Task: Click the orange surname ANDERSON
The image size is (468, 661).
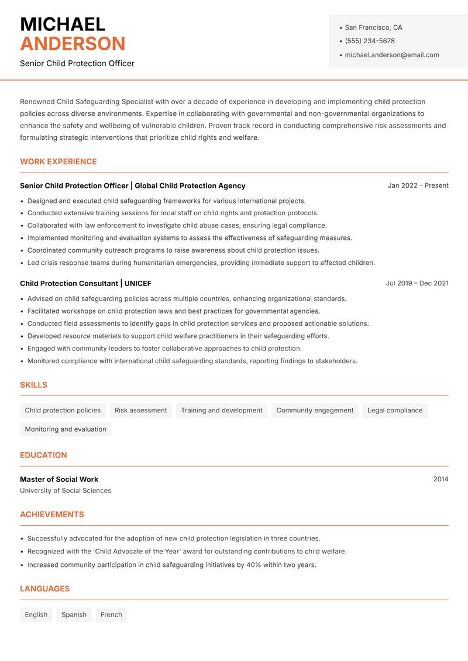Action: click(73, 44)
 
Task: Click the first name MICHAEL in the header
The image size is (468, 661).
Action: click(63, 24)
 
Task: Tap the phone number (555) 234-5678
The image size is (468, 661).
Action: click(370, 41)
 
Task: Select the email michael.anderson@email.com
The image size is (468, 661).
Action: click(391, 55)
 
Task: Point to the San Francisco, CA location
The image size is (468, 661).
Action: click(373, 27)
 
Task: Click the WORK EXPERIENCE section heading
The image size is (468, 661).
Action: click(58, 161)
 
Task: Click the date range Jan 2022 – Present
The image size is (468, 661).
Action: click(418, 185)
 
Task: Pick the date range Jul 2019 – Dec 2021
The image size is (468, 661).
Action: click(417, 283)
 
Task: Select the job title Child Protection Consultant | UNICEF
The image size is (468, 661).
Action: click(85, 283)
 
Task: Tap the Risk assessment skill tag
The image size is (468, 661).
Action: click(140, 411)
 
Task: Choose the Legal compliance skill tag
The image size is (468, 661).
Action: click(395, 411)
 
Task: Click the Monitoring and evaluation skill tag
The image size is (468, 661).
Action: click(66, 429)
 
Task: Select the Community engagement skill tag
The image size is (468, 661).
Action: click(315, 411)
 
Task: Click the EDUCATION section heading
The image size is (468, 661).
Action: click(43, 455)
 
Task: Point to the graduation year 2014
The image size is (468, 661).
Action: click(441, 479)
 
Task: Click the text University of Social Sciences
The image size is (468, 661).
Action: click(66, 491)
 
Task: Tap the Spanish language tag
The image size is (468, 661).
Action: click(74, 615)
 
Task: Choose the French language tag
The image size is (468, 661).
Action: click(111, 615)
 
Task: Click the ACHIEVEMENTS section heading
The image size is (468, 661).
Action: click(52, 515)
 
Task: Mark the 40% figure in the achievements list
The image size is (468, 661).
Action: click(254, 565)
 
